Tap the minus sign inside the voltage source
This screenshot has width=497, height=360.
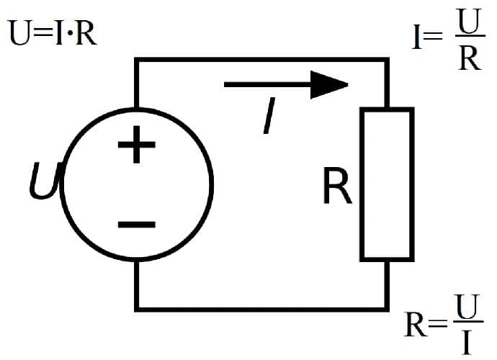[136, 224]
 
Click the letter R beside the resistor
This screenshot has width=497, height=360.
[337, 186]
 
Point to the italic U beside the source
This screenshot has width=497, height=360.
[43, 181]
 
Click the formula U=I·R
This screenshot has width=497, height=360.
[52, 34]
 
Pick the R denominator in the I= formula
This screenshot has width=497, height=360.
[469, 58]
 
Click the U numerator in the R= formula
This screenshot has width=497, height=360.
[468, 311]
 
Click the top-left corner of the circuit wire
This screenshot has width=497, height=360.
[136, 60]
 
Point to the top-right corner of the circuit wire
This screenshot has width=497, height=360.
[387, 60]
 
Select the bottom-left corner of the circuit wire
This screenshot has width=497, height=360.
[136, 309]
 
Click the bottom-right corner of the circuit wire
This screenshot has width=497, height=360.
[387, 309]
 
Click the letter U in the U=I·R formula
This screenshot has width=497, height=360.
[19, 34]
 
